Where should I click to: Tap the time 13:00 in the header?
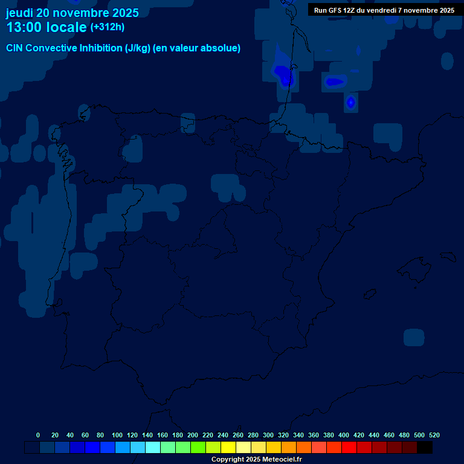[x=24, y=27]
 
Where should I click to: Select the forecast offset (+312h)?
[x=107, y=27]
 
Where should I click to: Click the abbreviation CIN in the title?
[x=14, y=48]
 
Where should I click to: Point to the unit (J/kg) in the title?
[x=138, y=48]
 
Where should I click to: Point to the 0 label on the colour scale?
[x=38, y=435]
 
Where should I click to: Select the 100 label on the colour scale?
[x=117, y=435]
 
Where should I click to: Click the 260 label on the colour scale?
[x=238, y=435]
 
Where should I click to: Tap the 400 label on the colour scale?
[x=344, y=435]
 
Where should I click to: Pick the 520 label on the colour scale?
[x=434, y=435]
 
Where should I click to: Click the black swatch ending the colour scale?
[x=425, y=447]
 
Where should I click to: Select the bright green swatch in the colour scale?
[x=198, y=447]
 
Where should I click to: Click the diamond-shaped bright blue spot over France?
[x=350, y=103]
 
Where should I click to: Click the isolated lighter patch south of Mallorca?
[x=414, y=337]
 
